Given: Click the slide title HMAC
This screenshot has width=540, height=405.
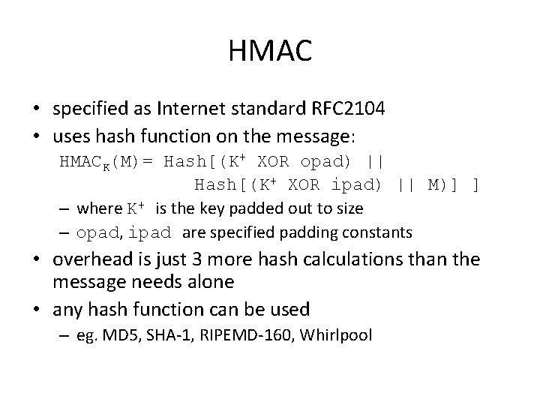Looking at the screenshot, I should point(269,52).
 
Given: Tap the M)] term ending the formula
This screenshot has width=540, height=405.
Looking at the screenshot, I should point(442,184).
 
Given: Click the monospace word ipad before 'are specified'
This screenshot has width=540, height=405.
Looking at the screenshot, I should point(151,233).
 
